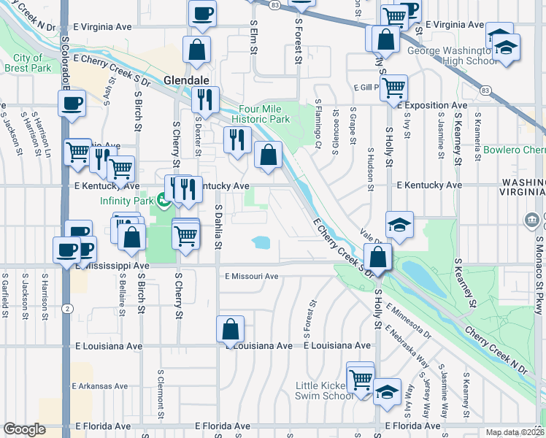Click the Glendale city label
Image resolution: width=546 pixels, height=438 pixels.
pos(187,80)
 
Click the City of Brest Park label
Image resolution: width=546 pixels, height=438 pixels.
pos(27,63)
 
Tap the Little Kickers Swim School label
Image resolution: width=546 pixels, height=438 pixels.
pos(325,391)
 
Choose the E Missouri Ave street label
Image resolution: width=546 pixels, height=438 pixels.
pos(252,277)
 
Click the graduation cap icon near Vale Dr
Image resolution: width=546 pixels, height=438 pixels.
pos(399,225)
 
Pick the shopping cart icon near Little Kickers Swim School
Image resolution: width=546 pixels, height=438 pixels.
pos(361,378)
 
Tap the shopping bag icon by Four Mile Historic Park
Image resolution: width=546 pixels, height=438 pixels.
pos(269,154)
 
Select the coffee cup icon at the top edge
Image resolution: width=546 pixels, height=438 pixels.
pos(202,12)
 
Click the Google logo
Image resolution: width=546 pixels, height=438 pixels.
pos(24,429)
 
